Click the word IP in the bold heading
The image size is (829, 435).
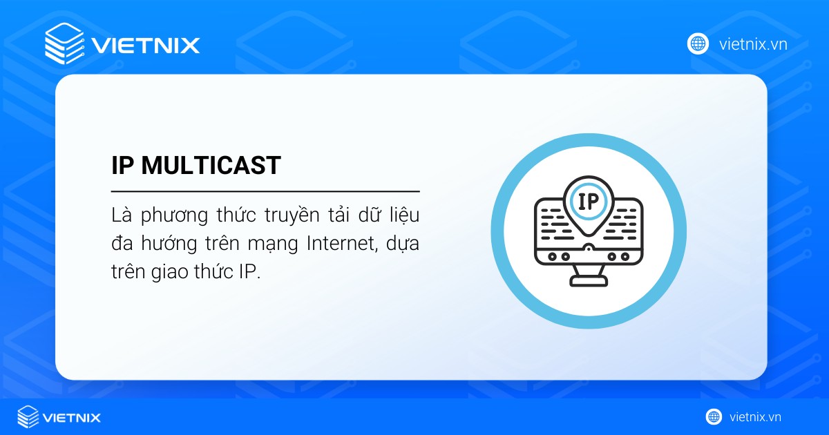(x=124, y=166)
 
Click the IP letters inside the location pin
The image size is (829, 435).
(x=588, y=201)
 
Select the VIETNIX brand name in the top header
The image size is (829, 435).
(x=146, y=46)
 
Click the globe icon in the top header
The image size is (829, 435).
(x=698, y=43)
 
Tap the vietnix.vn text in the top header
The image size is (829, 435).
(x=753, y=44)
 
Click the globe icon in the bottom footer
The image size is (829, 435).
(x=714, y=416)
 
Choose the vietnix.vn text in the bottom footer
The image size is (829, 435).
(x=755, y=417)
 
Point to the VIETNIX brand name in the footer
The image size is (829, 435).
(x=72, y=417)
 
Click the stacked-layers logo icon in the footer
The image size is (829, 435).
(x=28, y=416)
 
